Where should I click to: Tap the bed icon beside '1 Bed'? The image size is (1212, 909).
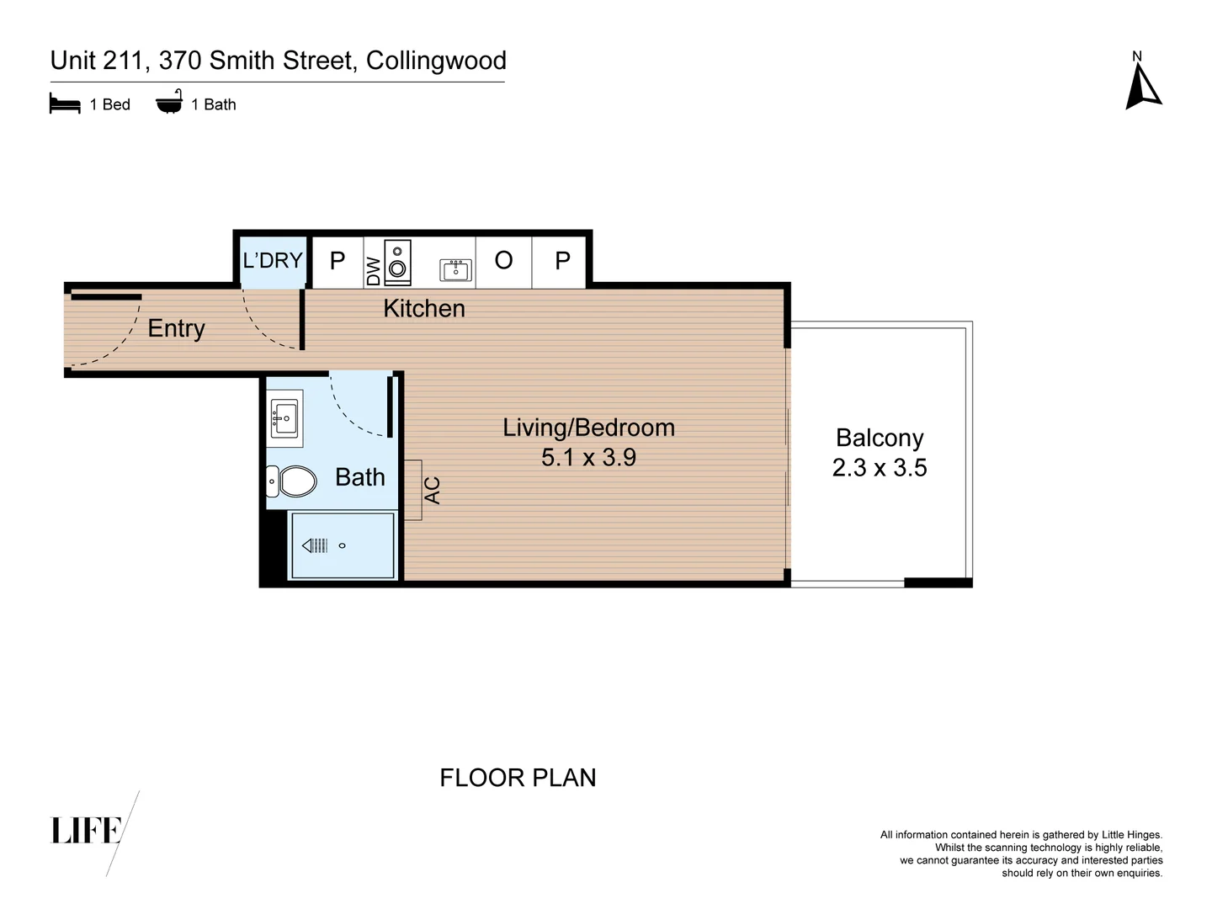pyautogui.click(x=65, y=104)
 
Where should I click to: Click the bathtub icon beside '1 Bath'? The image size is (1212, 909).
pyautogui.click(x=169, y=103)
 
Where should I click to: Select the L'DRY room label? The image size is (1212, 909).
pyautogui.click(x=272, y=261)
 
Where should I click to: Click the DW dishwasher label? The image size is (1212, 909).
pyautogui.click(x=374, y=271)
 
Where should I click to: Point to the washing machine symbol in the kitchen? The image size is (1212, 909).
pyautogui.click(x=397, y=263)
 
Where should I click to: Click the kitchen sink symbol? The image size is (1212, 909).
pyautogui.click(x=455, y=269)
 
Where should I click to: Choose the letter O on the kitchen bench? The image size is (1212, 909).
pyautogui.click(x=503, y=261)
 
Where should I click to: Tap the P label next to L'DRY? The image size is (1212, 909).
pyautogui.click(x=338, y=262)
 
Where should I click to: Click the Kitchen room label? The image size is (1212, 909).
pyautogui.click(x=424, y=309)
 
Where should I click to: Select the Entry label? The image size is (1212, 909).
pyautogui.click(x=176, y=328)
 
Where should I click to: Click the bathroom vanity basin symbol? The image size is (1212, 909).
pyautogui.click(x=284, y=417)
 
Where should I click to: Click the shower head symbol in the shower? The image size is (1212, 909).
pyautogui.click(x=315, y=545)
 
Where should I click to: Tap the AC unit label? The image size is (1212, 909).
pyautogui.click(x=432, y=491)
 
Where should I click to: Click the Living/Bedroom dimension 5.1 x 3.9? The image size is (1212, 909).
pyautogui.click(x=588, y=458)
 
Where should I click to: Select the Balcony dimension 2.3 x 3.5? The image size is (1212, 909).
pyautogui.click(x=880, y=468)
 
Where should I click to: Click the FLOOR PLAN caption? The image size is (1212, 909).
pyautogui.click(x=518, y=778)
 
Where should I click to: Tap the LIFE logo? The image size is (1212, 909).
pyautogui.click(x=88, y=831)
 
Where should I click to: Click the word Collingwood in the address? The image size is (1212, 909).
pyautogui.click(x=436, y=61)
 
